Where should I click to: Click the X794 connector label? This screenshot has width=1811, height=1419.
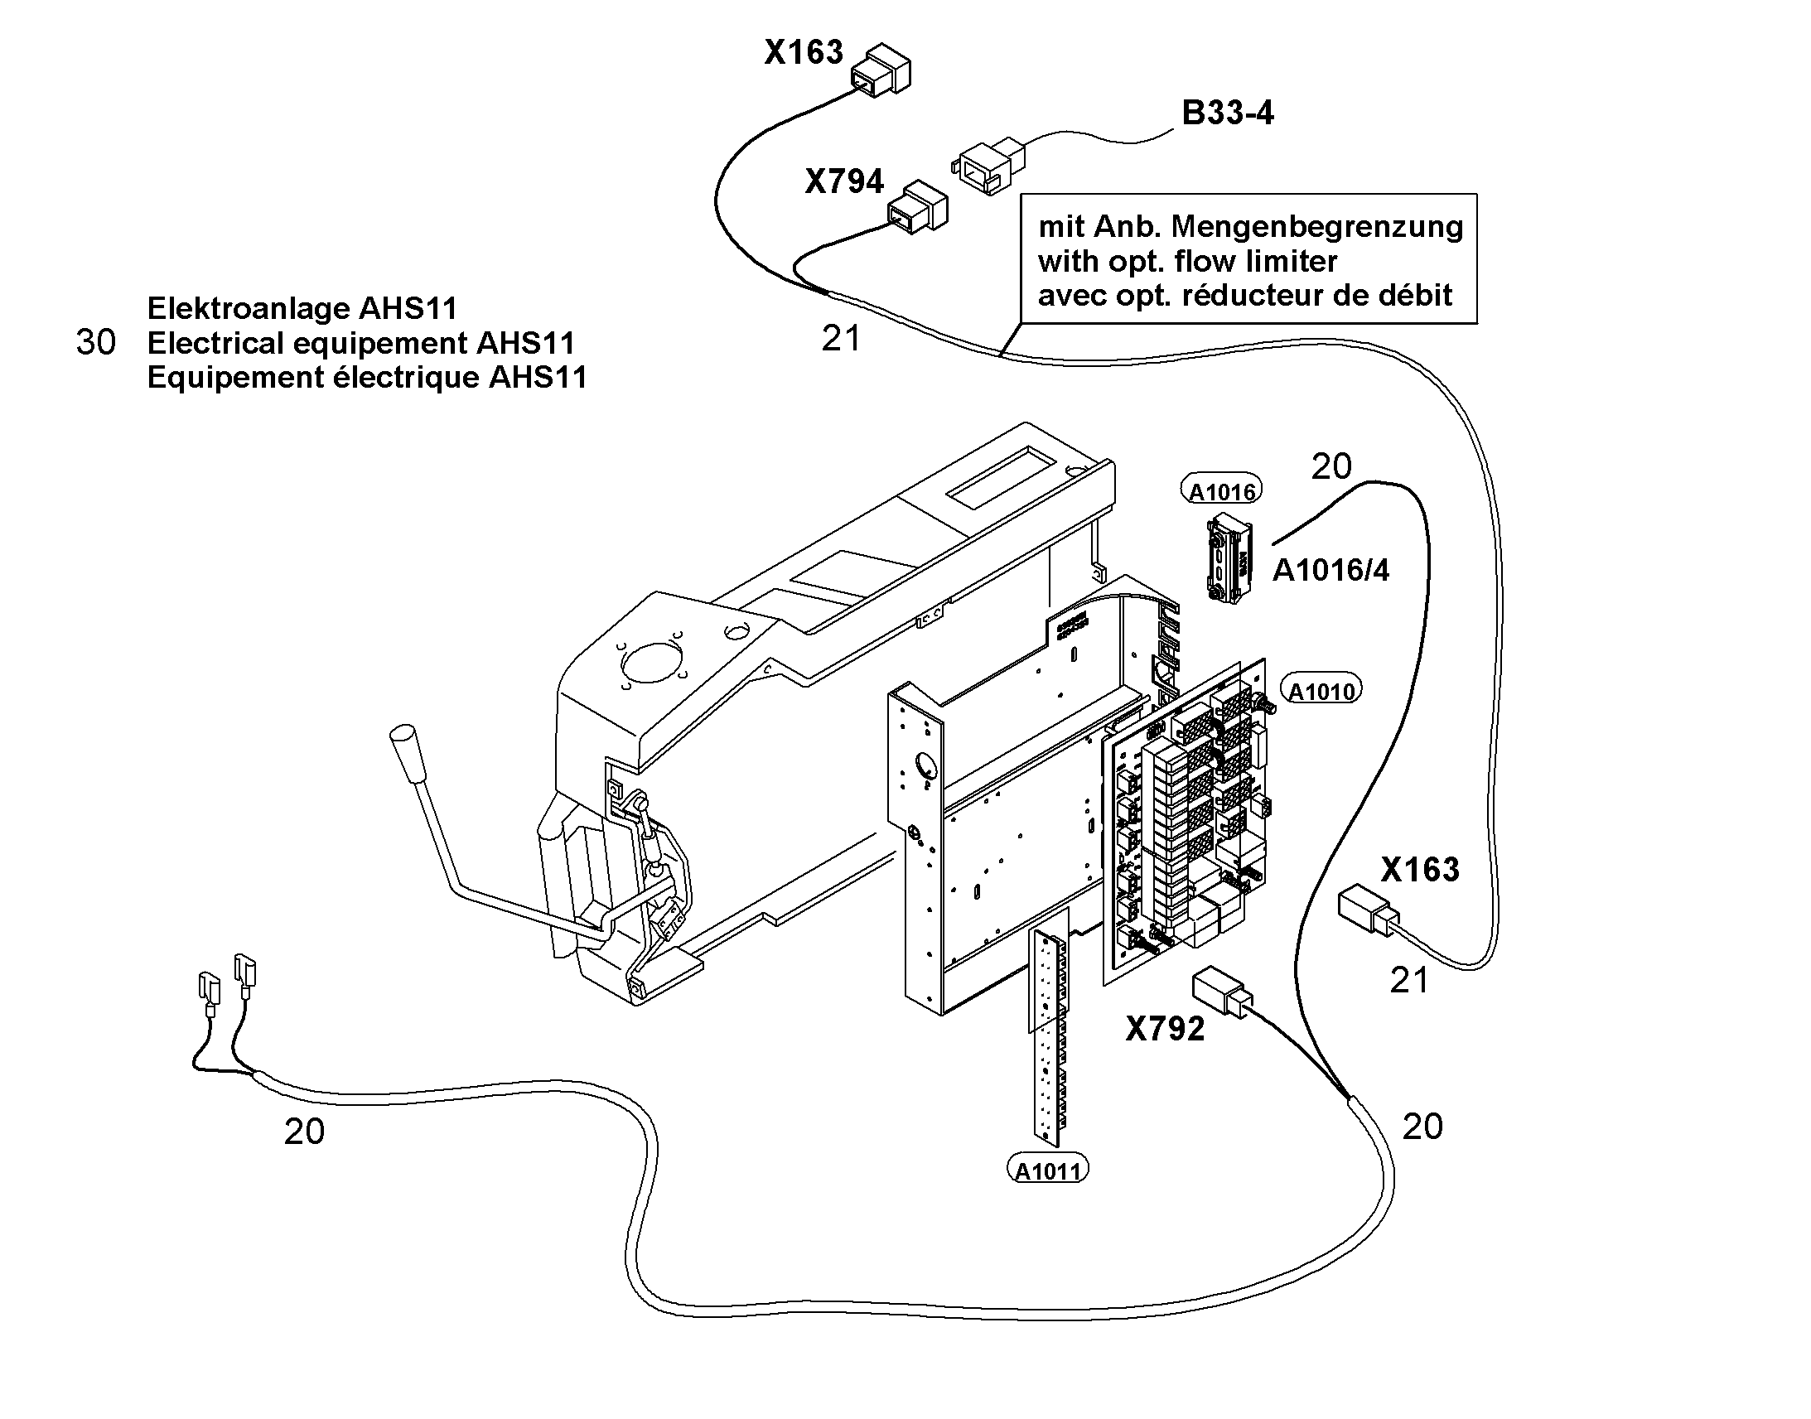(844, 181)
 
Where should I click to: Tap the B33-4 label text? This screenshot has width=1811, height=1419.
(1228, 113)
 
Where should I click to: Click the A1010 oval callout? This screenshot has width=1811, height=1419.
(1321, 690)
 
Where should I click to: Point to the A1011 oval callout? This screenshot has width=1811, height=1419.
(1047, 1170)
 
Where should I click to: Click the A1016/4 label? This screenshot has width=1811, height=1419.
(1330, 571)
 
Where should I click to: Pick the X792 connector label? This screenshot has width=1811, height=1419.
(1165, 1030)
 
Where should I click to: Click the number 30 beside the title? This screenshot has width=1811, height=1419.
(95, 342)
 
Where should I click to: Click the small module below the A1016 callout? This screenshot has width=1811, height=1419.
(1229, 558)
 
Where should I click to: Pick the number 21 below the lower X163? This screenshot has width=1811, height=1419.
(1409, 981)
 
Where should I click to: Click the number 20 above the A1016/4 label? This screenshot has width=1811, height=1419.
(1330, 467)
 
